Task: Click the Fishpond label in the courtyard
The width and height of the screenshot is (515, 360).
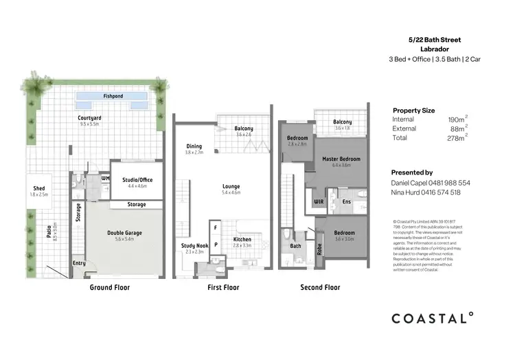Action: tap(113, 96)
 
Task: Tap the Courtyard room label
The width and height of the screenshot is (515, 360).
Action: tap(89, 117)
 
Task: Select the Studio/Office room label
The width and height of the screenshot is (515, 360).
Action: tap(137, 180)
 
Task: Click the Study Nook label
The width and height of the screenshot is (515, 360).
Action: tap(194, 245)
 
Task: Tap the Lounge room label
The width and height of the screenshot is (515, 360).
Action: tap(231, 186)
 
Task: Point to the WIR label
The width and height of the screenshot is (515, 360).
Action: tap(319, 202)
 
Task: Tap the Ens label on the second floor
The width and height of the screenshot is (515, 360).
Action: tap(346, 202)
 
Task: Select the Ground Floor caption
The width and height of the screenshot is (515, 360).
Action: tap(110, 287)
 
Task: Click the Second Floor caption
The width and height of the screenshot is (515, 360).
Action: tap(320, 287)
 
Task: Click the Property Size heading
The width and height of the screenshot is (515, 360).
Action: tap(413, 110)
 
